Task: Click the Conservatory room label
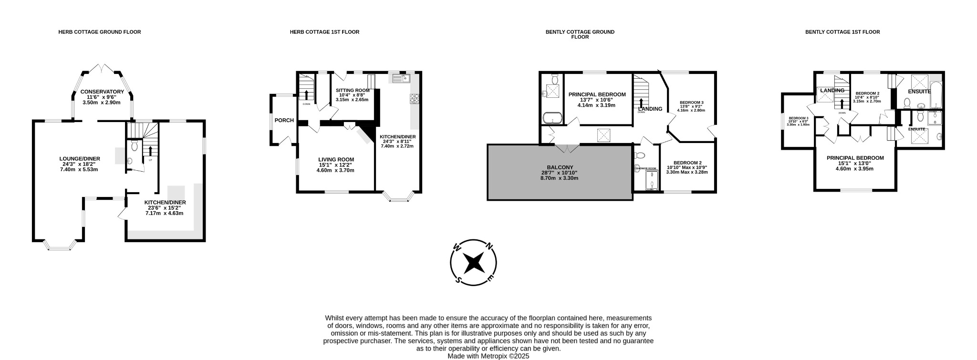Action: coord(102,92)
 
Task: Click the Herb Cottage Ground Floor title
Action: coord(100,32)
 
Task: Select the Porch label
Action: coord(284,120)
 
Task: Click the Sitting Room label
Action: coord(353,90)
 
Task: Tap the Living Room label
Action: coord(336,160)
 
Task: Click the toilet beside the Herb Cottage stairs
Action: coord(134,145)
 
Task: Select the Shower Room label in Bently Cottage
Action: coord(646,168)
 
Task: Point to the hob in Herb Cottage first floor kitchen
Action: coord(414,99)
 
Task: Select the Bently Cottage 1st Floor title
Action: coord(842,32)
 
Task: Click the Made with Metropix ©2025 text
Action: coord(488,356)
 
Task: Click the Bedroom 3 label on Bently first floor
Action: coord(798,118)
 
